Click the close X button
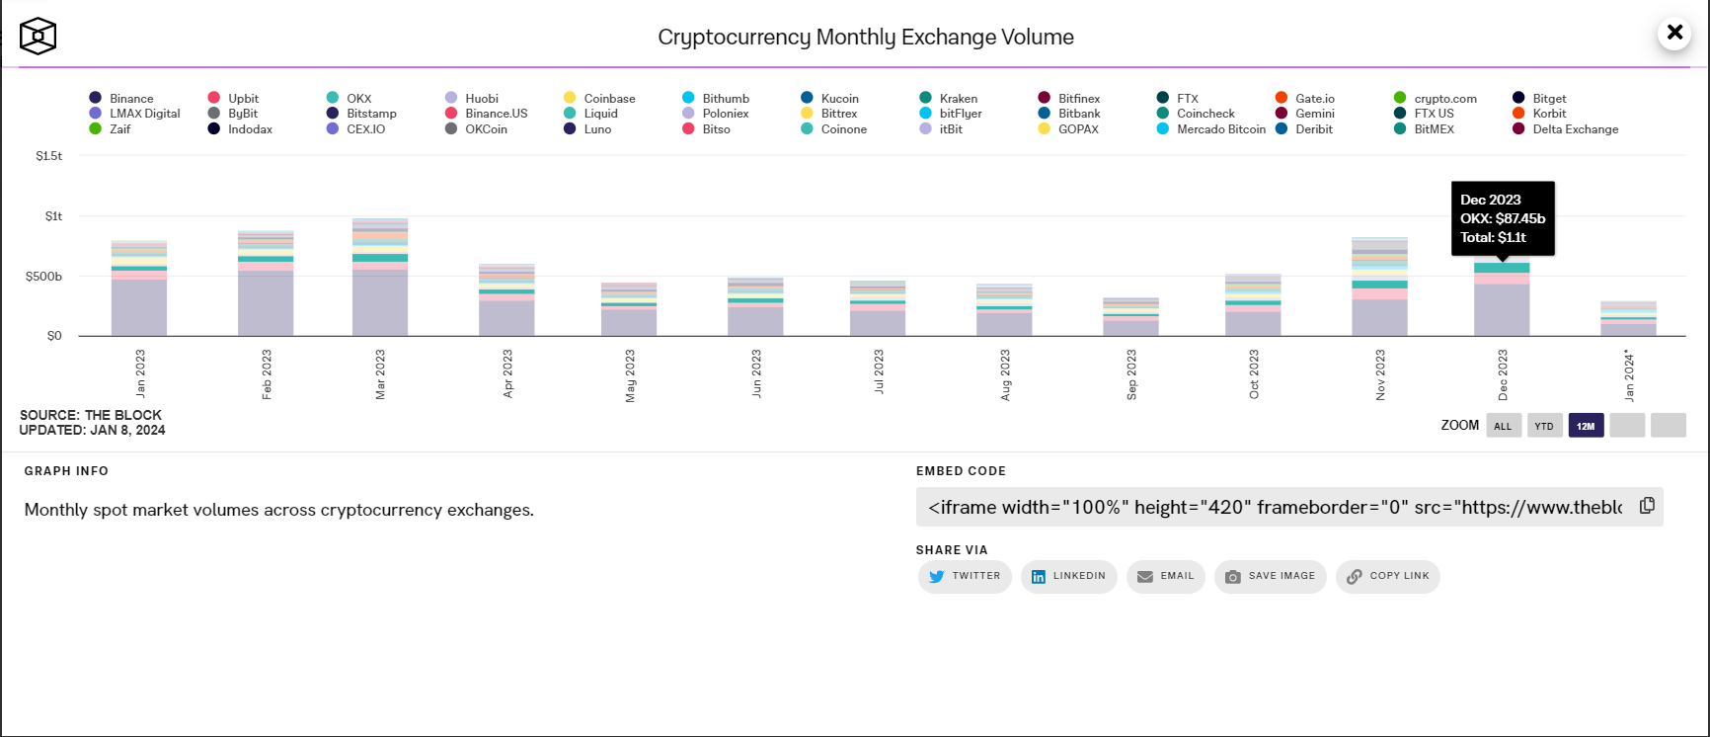[1674, 33]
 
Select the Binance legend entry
[121, 98]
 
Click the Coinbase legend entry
[599, 98]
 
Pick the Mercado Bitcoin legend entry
[1211, 129]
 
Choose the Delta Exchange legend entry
[1566, 129]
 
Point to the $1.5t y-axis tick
[48, 156]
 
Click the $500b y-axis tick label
[43, 277]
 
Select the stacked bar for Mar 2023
[380, 278]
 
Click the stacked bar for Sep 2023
[1131, 317]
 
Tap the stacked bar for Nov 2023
[1379, 287]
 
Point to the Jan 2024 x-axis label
[1629, 375]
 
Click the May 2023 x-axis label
[630, 375]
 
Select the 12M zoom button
[1586, 426]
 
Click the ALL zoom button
[1503, 426]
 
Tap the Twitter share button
[965, 577]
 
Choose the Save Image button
[1271, 577]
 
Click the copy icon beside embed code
[1647, 506]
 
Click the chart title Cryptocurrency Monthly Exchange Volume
[866, 38]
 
